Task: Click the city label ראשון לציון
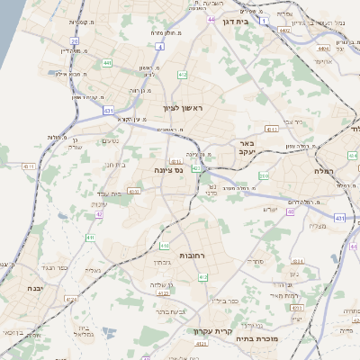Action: [184, 109]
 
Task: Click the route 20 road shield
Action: [75, 41]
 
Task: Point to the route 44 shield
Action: [211, 19]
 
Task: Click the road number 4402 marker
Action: [285, 31]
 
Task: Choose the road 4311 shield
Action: [29, 166]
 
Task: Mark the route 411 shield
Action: [90, 238]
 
